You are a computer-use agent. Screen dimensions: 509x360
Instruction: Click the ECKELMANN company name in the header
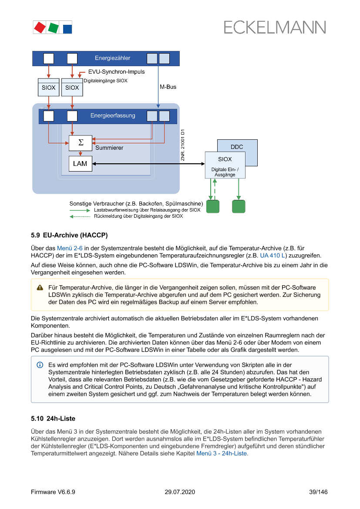point(275,27)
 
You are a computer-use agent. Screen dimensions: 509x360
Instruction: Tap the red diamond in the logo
point(40,27)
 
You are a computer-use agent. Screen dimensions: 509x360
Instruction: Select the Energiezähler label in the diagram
point(112,58)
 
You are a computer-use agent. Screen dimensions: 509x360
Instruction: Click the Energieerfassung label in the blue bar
point(113,115)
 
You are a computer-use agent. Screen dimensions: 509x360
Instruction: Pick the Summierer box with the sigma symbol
point(80,143)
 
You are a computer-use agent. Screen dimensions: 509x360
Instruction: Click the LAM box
point(80,164)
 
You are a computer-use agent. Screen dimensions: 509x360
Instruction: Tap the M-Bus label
point(168,87)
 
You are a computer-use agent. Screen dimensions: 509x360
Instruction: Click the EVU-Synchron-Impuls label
point(116,71)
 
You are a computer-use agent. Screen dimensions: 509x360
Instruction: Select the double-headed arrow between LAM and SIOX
point(148,164)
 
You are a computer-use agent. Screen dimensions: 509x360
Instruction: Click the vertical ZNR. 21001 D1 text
point(183,145)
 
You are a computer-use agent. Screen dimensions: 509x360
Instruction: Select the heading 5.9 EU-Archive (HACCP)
point(69,235)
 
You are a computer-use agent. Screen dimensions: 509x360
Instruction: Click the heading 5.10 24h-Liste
point(53,418)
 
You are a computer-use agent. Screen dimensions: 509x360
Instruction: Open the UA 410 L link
point(273,256)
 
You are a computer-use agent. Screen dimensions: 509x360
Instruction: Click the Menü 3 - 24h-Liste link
point(222,453)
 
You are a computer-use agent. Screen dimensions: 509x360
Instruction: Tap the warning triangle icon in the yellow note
point(40,287)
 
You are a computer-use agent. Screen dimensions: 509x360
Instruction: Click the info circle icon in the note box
point(40,364)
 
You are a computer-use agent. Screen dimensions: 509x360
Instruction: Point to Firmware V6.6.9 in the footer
point(53,492)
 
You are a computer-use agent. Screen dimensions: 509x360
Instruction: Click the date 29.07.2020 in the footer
point(180,492)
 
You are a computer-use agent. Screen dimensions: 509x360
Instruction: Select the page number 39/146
point(318,492)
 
